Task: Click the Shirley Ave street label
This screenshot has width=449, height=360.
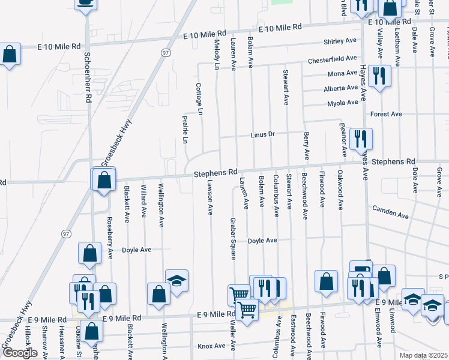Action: click(340, 41)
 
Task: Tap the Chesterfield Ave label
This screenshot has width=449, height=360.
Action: click(333, 60)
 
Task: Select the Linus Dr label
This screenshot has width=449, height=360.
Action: click(262, 134)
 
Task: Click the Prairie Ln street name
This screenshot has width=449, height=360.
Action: click(185, 130)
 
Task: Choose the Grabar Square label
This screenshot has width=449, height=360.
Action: click(233, 238)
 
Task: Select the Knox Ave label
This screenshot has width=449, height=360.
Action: click(211, 346)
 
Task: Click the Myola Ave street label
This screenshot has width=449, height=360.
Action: click(342, 103)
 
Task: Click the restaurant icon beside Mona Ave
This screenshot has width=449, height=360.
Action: click(379, 76)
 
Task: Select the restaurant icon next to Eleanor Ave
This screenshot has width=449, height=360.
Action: click(361, 139)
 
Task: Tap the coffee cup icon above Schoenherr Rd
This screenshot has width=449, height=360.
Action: click(86, 2)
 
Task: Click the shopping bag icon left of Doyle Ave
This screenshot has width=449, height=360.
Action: click(89, 254)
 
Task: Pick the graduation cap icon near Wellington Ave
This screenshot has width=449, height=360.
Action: click(176, 281)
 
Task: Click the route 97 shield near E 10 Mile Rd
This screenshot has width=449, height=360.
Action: click(166, 53)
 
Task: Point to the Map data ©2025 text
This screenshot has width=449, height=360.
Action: click(424, 355)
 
